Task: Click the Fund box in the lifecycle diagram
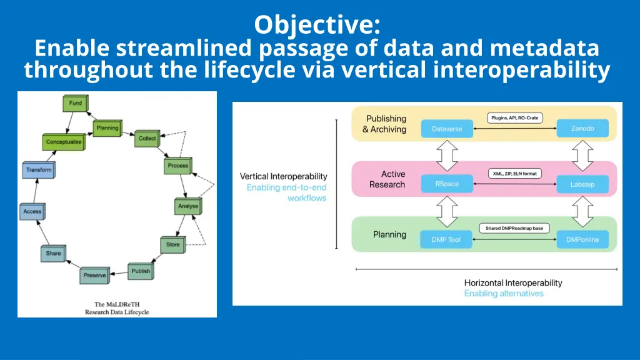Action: click(75, 104)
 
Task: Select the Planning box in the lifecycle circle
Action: click(106, 129)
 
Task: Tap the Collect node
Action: click(147, 139)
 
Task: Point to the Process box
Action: click(177, 166)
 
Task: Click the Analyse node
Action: click(187, 206)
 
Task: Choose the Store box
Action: click(172, 245)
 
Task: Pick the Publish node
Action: click(141, 271)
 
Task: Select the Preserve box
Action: click(94, 276)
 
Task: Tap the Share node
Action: click(53, 254)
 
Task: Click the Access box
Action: click(32, 212)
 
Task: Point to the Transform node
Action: click(39, 170)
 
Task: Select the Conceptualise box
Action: click(64, 142)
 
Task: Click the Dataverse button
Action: click(447, 129)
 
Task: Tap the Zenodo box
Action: click(582, 129)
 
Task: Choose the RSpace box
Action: click(447, 184)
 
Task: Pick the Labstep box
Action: click(582, 184)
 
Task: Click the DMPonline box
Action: click(582, 239)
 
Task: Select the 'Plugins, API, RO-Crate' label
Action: click(514, 117)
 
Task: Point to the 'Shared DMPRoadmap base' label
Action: click(514, 229)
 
